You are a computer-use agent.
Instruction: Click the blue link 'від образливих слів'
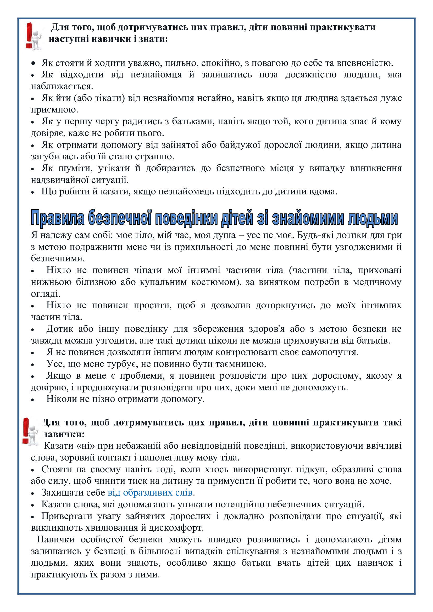click(x=150, y=493)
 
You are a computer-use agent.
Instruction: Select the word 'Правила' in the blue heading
click(x=57, y=218)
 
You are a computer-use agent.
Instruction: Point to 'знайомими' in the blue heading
click(x=308, y=218)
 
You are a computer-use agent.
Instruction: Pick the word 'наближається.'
click(x=62, y=86)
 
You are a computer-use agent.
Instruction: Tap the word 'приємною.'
click(x=54, y=110)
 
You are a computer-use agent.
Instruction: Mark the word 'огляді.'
click(x=46, y=294)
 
